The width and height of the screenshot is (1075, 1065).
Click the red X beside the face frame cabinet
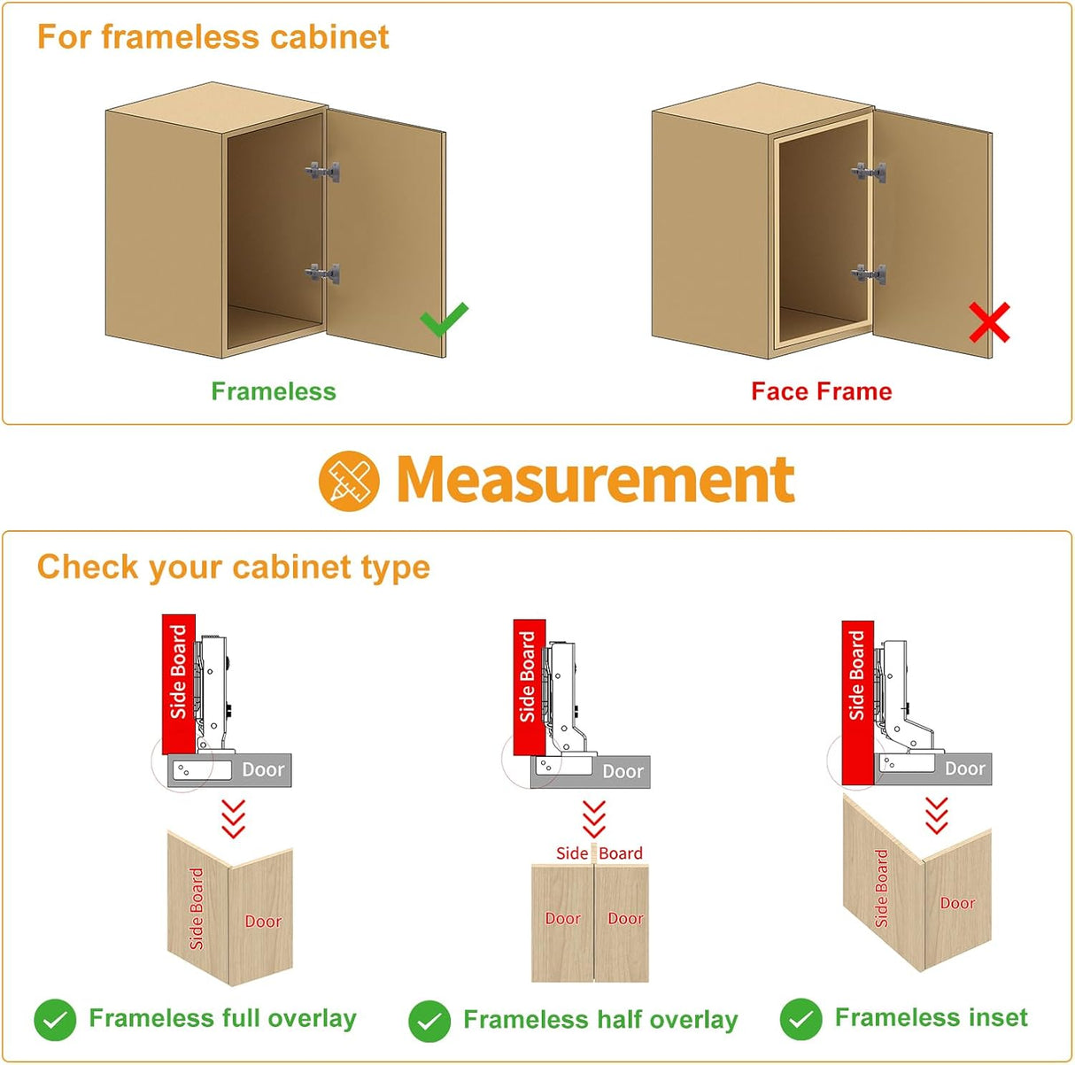coord(988,323)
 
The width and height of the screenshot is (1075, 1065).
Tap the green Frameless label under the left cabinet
coord(274,391)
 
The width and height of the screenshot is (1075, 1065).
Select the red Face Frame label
coord(821,391)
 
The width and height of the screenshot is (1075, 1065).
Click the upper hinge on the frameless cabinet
coord(323,171)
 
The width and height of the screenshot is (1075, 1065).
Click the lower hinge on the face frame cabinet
coord(870,274)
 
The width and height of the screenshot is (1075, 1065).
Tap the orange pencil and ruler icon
coord(349,479)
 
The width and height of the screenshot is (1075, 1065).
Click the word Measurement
coord(595,479)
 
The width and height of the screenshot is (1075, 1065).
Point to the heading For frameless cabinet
coord(213,37)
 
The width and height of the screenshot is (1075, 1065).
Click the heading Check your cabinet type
coord(234,567)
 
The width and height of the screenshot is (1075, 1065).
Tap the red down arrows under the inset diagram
coord(936,815)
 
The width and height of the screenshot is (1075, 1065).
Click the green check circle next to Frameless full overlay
coord(55,1021)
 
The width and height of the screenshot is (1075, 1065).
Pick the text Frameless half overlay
coord(600,1020)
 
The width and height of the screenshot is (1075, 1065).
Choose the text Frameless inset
coord(931,1018)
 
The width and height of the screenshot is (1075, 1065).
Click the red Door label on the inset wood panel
coord(957,903)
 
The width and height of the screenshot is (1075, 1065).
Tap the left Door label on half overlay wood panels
coord(562,919)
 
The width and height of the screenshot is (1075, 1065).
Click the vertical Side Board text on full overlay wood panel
coord(197,908)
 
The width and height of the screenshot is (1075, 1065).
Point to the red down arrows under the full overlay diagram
coord(233,818)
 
